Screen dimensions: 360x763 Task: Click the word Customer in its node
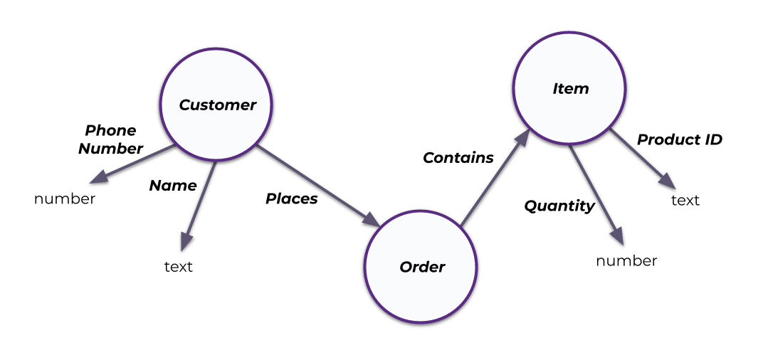coord(217,105)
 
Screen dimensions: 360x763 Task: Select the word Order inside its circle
coord(422,268)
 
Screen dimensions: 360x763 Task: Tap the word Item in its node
coord(571,89)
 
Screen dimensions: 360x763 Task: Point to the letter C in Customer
coord(185,105)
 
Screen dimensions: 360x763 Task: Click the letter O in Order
coord(406,268)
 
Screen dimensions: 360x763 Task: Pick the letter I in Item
coord(555,89)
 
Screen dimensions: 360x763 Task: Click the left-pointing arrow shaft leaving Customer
coord(139,162)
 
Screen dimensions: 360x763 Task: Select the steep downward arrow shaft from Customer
coord(201,200)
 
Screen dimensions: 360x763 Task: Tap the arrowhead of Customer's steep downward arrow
coord(186,242)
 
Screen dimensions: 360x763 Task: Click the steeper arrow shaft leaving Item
coord(592,189)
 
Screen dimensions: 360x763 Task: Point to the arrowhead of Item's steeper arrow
coord(616,235)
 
